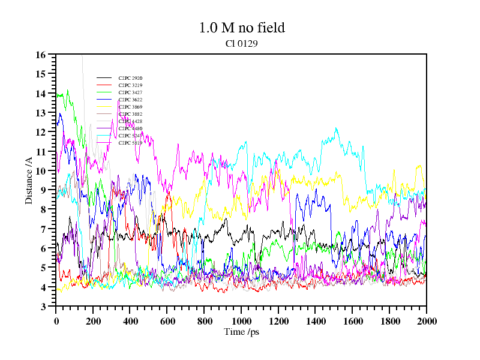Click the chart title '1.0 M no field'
pyautogui.click(x=241, y=28)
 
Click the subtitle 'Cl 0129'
pyautogui.click(x=241, y=43)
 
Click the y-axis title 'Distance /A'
pyautogui.click(x=29, y=181)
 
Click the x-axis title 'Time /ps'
pyautogui.click(x=241, y=331)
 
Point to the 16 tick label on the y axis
pyautogui.click(x=41, y=55)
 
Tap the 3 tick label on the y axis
pyautogui.click(x=43, y=307)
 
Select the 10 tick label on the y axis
pyautogui.click(x=41, y=171)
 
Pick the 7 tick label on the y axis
pyautogui.click(x=43, y=229)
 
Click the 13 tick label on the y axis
pyautogui.click(x=41, y=113)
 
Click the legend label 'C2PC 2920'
pyautogui.click(x=130, y=78)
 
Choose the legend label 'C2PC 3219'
pyautogui.click(x=130, y=85)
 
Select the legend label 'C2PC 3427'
pyautogui.click(x=130, y=92)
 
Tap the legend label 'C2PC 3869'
pyautogui.click(x=130, y=107)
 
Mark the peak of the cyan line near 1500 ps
pyautogui.click(x=336, y=128)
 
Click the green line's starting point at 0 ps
pyautogui.click(x=56, y=95)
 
